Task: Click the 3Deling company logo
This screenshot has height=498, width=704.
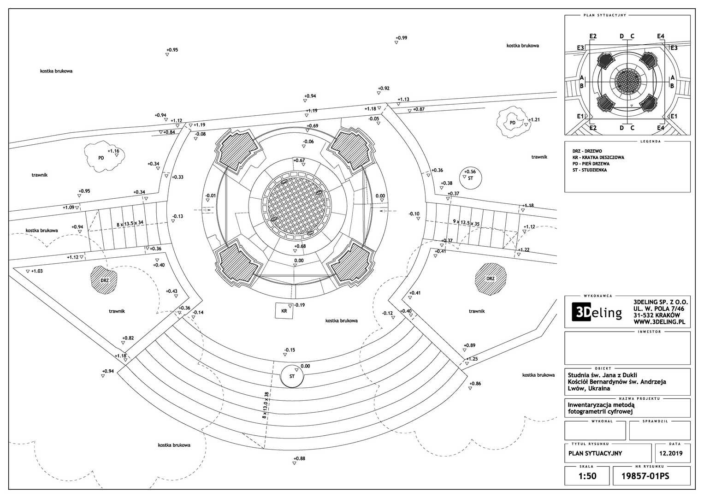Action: point(597,313)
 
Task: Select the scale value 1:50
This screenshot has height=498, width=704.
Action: point(587,476)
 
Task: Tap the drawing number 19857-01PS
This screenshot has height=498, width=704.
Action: point(651,476)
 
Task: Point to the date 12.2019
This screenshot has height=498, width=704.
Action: point(670,453)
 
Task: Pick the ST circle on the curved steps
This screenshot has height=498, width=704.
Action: point(292,376)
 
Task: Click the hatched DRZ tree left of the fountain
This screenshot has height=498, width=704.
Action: point(103,279)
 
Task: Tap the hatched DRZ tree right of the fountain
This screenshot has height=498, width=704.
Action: point(490,278)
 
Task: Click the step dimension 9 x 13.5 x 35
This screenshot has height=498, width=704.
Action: point(466,222)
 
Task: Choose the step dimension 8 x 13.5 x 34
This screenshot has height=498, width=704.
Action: point(130,224)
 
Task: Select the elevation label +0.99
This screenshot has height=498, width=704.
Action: point(401,38)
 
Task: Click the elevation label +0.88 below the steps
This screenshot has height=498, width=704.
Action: point(299,458)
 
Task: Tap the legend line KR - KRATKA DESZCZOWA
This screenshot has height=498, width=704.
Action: point(598,157)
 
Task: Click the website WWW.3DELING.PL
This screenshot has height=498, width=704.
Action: point(661,321)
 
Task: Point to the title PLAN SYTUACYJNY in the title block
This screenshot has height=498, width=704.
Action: point(595,453)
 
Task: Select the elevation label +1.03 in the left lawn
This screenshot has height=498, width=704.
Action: point(37,271)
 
